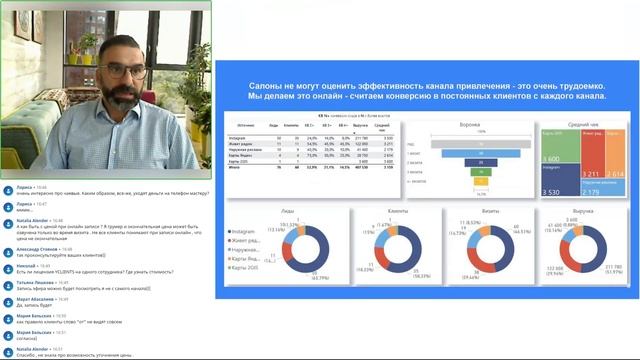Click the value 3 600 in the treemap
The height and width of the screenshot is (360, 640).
point(551,159)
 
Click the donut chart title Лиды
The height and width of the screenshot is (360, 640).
point(285,212)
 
